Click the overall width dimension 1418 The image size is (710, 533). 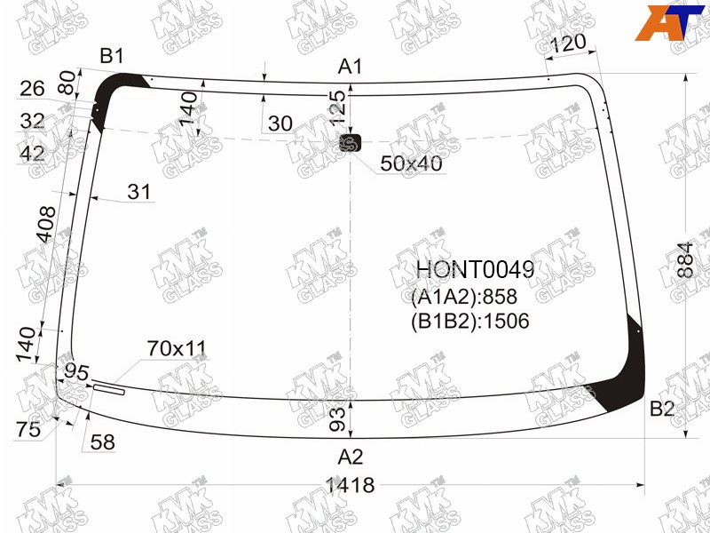pos(351,485)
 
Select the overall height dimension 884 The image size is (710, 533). pos(685,260)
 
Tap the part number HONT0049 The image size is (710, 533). pos(476,270)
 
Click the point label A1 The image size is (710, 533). pos(350,67)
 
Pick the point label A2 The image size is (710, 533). pos(350,457)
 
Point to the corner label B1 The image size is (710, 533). pos(112,56)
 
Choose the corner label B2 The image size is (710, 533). pos(662,409)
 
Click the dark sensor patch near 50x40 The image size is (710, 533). pos(351,143)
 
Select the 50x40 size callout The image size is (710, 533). pos(411,163)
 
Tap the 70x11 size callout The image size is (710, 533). pos(176,348)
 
